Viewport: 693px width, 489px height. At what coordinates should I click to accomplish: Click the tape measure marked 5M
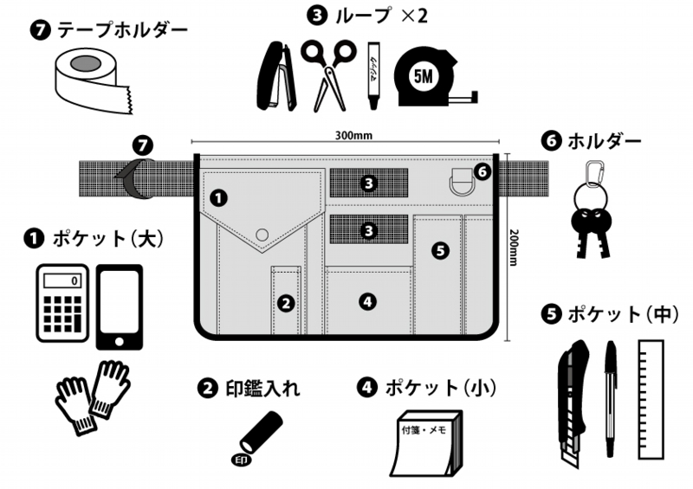426,79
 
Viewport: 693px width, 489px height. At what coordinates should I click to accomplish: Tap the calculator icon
62,302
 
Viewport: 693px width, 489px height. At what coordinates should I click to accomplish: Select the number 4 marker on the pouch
368,301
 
